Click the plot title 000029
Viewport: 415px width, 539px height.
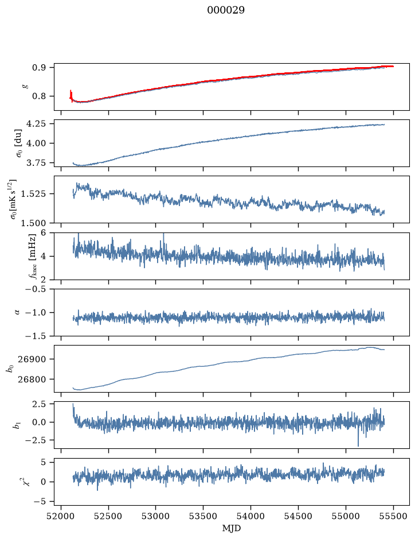pyautogui.click(x=225, y=10)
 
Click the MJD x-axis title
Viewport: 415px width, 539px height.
pyautogui.click(x=232, y=528)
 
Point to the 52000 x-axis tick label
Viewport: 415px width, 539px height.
pyautogui.click(x=61, y=516)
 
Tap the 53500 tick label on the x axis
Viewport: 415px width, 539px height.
pyautogui.click(x=203, y=516)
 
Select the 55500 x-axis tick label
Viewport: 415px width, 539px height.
pyautogui.click(x=393, y=516)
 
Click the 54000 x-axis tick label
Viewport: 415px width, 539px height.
pyautogui.click(x=250, y=516)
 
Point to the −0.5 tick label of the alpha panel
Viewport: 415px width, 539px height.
pyautogui.click(x=36, y=289)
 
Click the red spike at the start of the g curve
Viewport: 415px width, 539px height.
pyautogui.click(x=71, y=95)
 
